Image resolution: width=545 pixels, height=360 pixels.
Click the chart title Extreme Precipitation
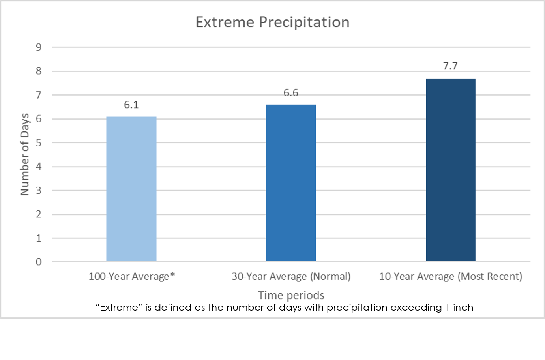pos(272,22)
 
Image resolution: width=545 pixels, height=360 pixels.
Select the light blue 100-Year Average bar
pos(131,189)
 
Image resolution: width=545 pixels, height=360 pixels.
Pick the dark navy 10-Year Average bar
pos(450,170)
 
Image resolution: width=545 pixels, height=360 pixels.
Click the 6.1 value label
pos(131,105)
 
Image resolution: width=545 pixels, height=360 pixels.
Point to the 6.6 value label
pos(291,93)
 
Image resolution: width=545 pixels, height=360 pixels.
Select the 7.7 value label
pos(450,66)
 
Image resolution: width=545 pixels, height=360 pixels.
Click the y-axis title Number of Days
pos(25,154)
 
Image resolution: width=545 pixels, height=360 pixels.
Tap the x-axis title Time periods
pos(291,295)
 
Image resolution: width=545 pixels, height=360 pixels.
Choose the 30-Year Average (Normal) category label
pos(291,276)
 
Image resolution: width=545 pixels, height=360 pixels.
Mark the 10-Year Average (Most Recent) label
pos(450,276)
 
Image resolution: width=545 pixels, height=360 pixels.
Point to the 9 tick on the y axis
pos(39,47)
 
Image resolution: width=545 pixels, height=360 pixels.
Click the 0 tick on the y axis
pos(39,262)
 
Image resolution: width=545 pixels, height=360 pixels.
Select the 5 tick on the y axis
pos(39,143)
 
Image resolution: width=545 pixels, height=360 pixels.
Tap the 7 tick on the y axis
pos(39,95)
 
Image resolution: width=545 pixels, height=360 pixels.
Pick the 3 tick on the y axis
pos(39,191)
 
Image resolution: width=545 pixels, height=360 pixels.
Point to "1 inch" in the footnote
pos(459,307)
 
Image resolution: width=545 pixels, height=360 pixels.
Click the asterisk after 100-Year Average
pos(172,275)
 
